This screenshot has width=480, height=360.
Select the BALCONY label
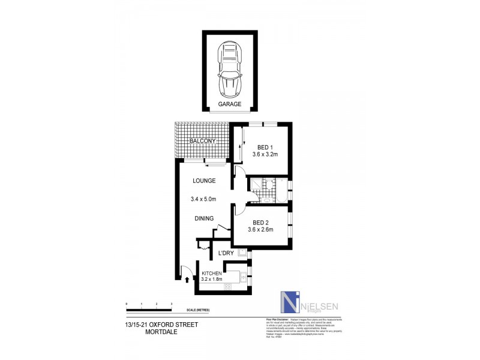(x=199, y=141)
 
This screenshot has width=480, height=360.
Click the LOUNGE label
(x=203, y=181)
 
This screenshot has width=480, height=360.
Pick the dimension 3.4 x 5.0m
(x=203, y=199)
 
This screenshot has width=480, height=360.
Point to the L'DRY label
(x=225, y=253)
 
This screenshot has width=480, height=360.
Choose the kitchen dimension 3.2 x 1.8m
(x=212, y=278)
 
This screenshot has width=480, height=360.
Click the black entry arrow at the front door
(x=188, y=278)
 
